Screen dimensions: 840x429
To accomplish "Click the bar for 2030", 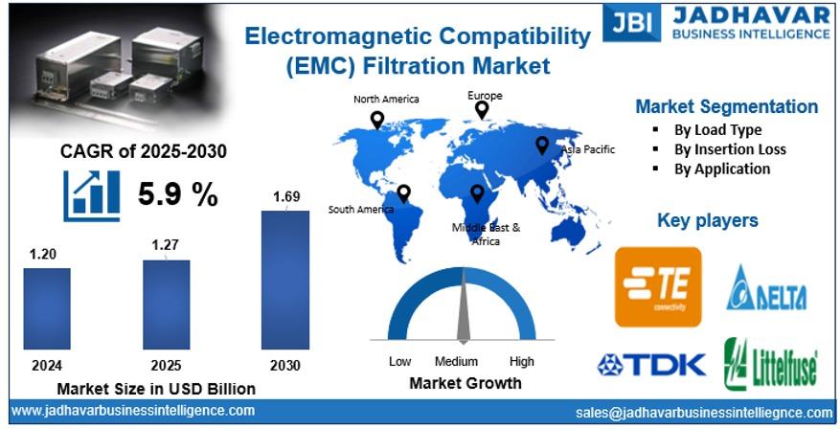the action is point(285,280).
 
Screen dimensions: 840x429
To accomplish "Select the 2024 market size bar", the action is point(47,308).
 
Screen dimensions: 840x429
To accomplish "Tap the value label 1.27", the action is point(165,245).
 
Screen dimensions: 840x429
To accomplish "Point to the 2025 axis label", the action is point(166,365).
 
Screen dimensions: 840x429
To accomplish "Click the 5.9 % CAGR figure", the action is point(178,193).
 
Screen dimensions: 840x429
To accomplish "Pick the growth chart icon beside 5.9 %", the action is point(92,195).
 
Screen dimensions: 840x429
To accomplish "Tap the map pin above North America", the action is point(377,120).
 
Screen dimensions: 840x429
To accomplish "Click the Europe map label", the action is point(485,96).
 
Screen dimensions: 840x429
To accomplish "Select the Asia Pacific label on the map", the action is point(588,149).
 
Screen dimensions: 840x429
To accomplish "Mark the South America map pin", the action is point(403,193).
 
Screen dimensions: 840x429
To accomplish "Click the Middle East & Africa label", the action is point(486,234).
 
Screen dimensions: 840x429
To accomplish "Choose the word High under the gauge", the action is point(522,362).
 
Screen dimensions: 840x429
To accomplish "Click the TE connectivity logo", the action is point(658,287).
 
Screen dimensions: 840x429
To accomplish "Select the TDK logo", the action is point(651,364).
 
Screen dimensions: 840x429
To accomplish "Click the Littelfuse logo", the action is point(771,364).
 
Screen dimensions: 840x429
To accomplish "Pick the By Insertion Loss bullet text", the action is point(730,149).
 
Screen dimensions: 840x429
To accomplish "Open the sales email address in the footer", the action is point(704,413).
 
